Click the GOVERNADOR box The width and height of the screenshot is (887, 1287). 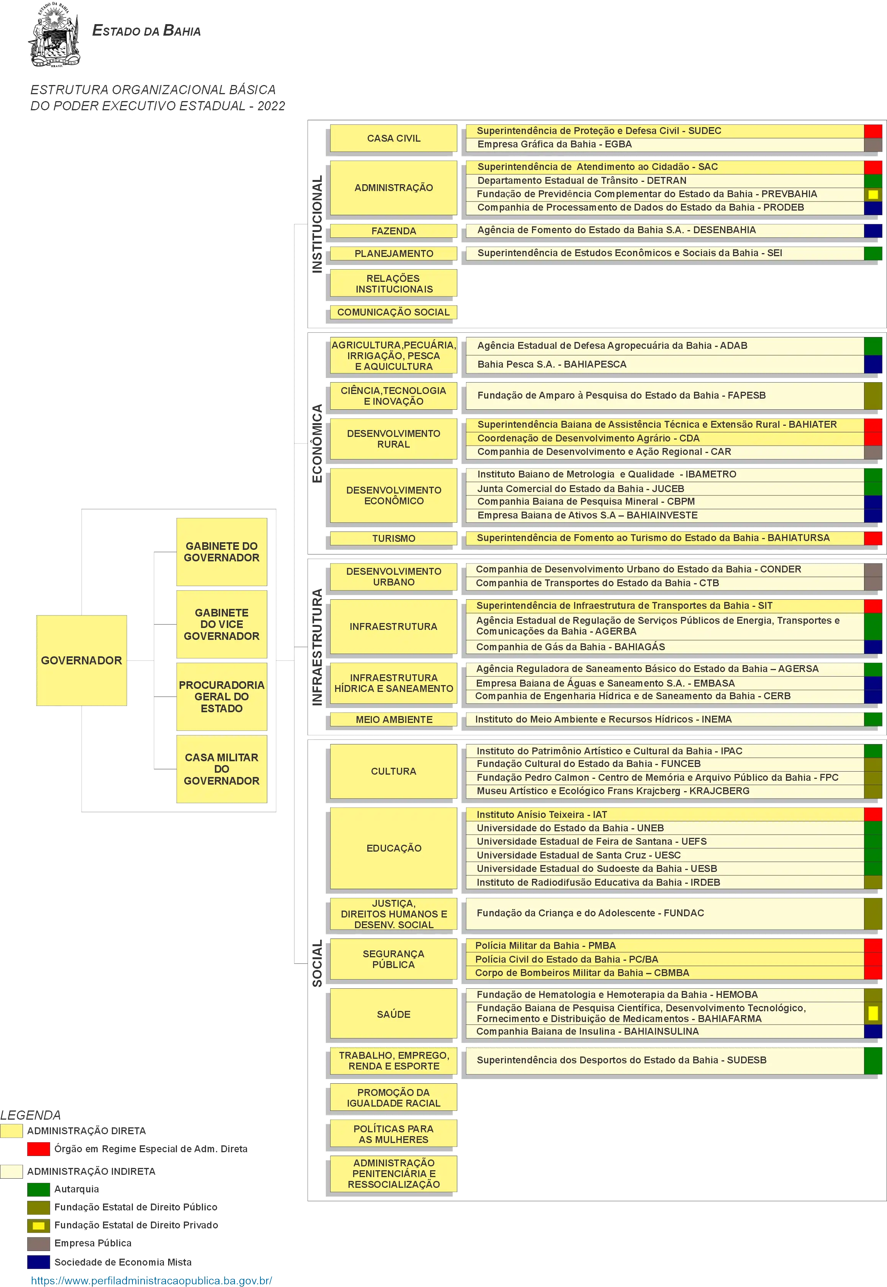click(x=82, y=660)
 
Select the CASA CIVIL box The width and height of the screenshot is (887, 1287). click(x=393, y=138)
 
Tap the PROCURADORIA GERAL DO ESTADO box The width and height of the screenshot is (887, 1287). click(x=222, y=696)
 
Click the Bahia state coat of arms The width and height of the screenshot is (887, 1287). click(x=54, y=34)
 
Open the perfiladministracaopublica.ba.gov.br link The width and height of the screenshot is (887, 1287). click(x=152, y=1280)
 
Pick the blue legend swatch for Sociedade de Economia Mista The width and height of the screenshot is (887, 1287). click(x=38, y=1262)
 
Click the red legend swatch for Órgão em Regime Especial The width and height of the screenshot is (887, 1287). click(x=38, y=1149)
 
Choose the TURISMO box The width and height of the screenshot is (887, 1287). click(x=393, y=538)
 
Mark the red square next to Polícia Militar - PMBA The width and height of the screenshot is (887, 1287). click(x=873, y=945)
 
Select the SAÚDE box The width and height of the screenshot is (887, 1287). click(x=393, y=1014)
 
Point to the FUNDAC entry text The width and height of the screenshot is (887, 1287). click(x=590, y=913)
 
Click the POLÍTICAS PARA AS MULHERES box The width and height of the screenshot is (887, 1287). click(x=393, y=1133)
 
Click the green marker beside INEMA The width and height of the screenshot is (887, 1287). click(x=873, y=719)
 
